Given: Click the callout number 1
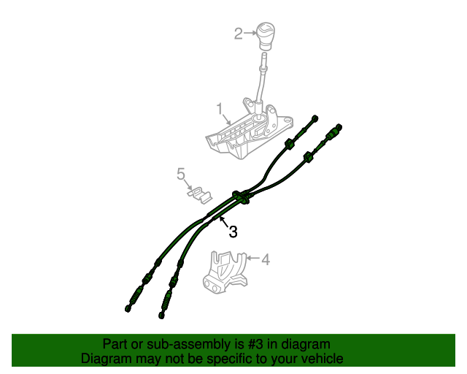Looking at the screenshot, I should [x=219, y=110].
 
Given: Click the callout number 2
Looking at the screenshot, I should [x=238, y=33].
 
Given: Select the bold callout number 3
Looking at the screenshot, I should [x=233, y=232].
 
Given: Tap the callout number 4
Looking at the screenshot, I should [x=266, y=259].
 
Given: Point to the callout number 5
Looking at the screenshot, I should [x=180, y=173].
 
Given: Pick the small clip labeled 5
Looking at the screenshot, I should [x=198, y=194].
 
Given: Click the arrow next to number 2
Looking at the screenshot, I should [x=249, y=33].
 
